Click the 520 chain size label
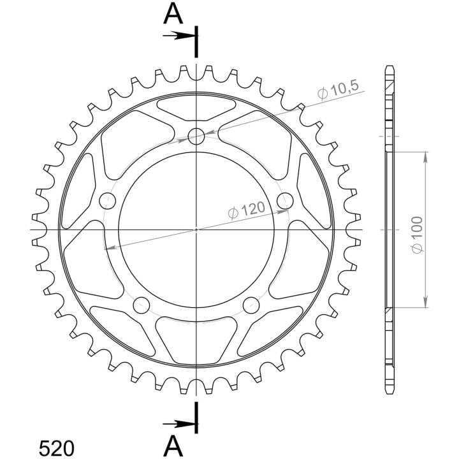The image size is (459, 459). [57, 448]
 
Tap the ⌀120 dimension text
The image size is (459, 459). [247, 210]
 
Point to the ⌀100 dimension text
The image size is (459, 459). [416, 235]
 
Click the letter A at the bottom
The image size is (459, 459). [173, 447]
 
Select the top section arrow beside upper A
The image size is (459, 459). [179, 36]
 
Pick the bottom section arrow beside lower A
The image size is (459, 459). [179, 424]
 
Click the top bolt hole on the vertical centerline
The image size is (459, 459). [196, 136]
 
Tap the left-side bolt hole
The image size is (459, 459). [108, 201]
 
